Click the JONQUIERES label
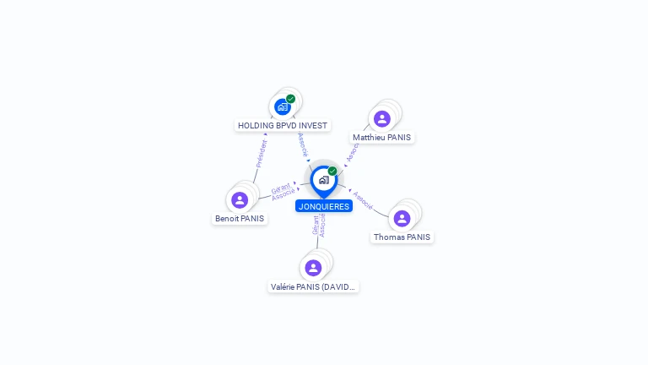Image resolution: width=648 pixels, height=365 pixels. (x=324, y=206)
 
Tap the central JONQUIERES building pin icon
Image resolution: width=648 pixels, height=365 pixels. (x=323, y=180)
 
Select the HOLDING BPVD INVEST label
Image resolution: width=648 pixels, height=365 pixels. (x=283, y=125)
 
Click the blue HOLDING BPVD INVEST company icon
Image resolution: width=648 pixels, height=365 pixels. (x=283, y=106)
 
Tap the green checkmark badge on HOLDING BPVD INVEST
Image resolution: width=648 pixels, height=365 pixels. (x=290, y=99)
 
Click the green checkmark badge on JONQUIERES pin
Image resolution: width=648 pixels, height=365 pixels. (x=332, y=172)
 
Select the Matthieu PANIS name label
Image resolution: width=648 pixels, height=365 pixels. (x=383, y=137)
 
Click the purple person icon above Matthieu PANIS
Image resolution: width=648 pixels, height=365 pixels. (x=382, y=119)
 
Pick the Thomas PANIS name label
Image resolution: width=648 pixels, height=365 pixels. (x=402, y=237)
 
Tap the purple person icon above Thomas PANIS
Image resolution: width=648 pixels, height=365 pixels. (x=402, y=219)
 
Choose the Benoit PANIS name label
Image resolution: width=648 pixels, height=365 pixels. (x=240, y=218)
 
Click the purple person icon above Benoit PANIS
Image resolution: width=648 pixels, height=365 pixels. (x=240, y=200)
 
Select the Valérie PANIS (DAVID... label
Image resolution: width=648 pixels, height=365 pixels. (x=314, y=286)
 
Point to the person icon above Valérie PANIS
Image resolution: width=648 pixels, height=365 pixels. (x=313, y=268)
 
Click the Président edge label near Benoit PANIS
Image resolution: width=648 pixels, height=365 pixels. (x=261, y=153)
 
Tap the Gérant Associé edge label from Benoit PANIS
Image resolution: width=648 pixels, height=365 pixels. (x=283, y=192)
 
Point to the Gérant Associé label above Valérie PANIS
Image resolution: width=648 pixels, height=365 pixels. (x=318, y=226)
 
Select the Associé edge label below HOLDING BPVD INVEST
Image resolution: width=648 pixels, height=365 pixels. (x=303, y=144)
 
